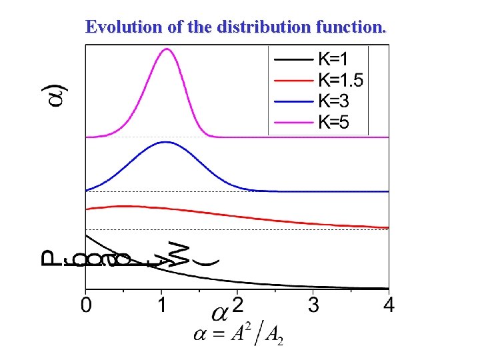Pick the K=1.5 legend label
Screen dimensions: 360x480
coord(341,80)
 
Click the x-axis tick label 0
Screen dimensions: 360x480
coord(85,306)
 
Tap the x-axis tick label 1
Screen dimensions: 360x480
coord(161,306)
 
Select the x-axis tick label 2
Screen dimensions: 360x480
coord(237,306)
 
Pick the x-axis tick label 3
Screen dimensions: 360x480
coord(313,306)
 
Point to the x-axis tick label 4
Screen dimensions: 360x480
coord(389,306)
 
